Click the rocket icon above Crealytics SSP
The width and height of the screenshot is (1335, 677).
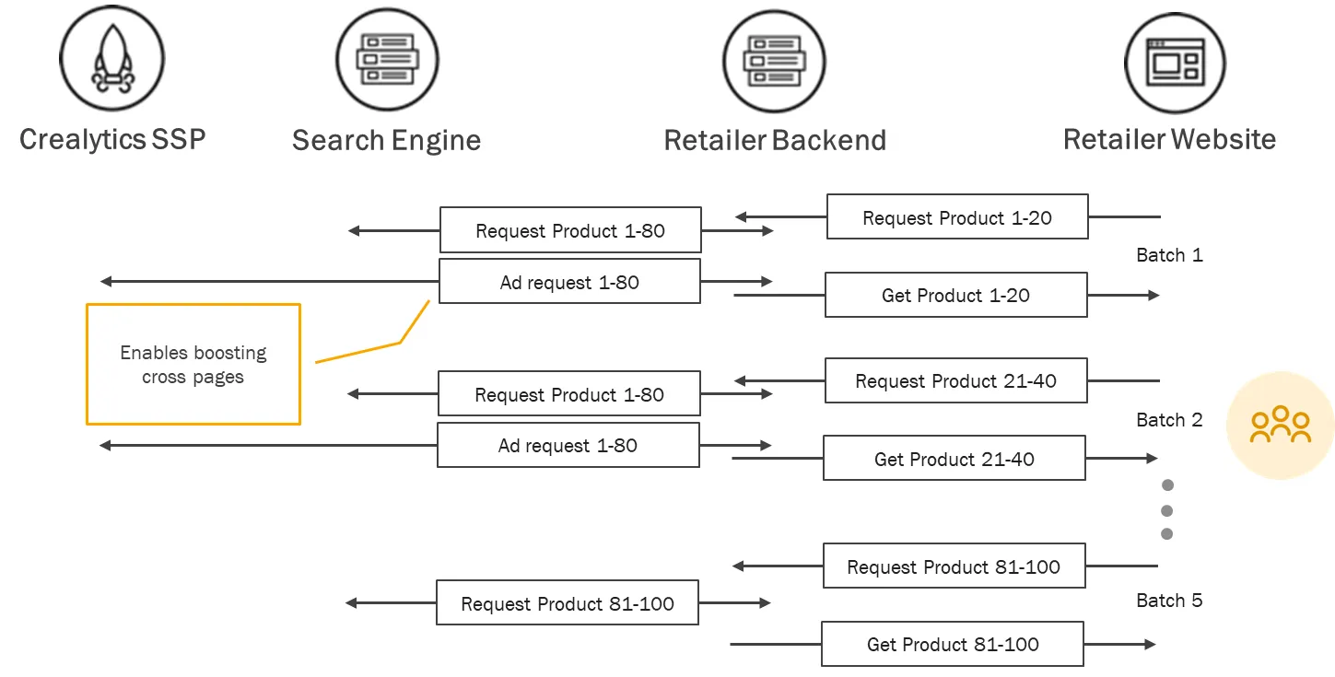click(112, 58)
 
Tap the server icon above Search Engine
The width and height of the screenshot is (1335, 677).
click(387, 60)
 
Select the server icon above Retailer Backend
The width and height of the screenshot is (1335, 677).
click(774, 62)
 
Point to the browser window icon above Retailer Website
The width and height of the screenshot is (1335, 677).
click(1176, 64)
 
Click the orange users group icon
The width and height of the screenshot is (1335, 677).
click(1280, 425)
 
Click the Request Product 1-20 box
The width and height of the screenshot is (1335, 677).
click(957, 217)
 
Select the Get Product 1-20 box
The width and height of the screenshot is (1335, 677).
click(956, 295)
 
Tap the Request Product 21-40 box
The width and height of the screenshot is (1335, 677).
click(956, 380)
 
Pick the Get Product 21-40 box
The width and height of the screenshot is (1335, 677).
click(954, 459)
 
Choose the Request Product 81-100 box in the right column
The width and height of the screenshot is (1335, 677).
click(954, 566)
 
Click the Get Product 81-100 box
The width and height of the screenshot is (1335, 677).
click(953, 644)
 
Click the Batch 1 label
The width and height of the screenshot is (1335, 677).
click(1169, 255)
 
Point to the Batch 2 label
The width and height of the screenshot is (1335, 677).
click(1169, 419)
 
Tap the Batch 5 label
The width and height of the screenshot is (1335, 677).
click(1169, 601)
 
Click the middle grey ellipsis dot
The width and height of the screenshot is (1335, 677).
click(1167, 510)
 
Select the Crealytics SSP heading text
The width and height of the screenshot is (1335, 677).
click(112, 140)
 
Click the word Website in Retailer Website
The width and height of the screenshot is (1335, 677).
click(1224, 139)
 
